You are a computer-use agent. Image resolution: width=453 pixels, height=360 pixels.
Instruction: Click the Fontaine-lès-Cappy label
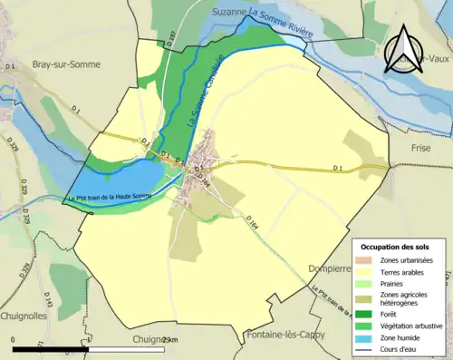pyautogui.click(x=286, y=335)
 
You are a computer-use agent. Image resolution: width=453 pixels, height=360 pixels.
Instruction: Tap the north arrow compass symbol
pyautogui.click(x=405, y=51)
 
